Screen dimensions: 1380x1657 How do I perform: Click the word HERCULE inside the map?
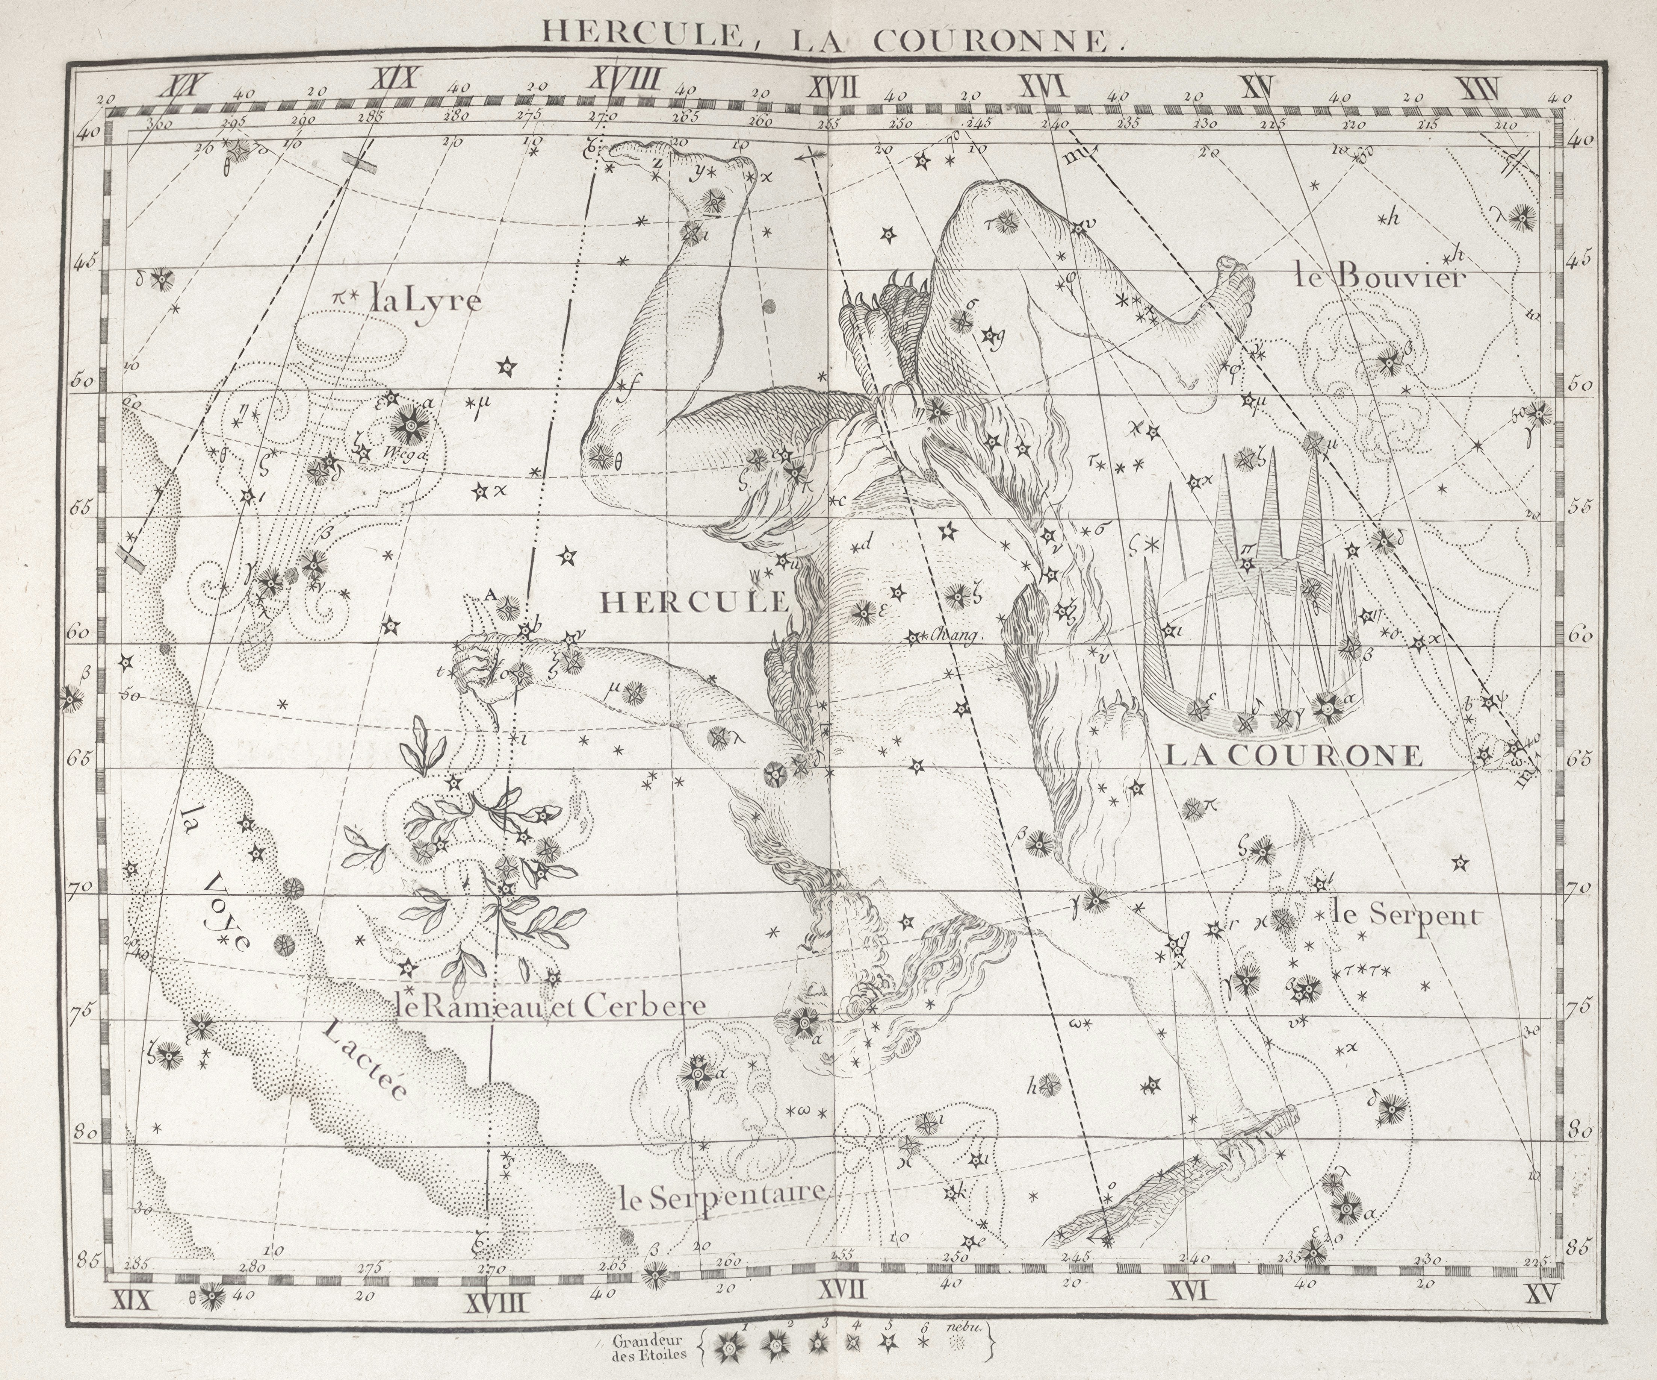click(x=694, y=603)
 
